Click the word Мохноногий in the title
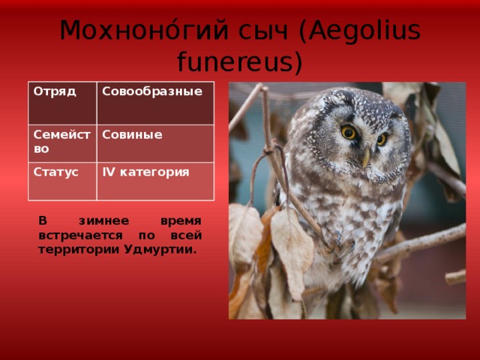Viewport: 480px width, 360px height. coord(144,30)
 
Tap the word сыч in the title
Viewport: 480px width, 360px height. coord(263,31)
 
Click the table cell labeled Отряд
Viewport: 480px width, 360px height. coord(62,103)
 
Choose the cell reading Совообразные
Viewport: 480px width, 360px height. coord(155,103)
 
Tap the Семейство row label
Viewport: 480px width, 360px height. coord(62,143)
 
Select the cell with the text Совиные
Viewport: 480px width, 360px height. coord(155,143)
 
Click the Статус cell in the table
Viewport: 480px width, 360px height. coord(62,181)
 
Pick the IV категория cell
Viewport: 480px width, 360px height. coord(155,181)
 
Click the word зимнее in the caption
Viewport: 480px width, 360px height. coord(103,220)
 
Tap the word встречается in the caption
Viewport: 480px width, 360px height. coord(80,235)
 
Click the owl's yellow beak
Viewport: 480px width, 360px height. coord(366,158)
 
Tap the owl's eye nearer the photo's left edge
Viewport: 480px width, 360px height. coord(349,133)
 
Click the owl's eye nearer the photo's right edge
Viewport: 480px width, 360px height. coord(382,139)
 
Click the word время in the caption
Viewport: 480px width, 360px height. coord(181,220)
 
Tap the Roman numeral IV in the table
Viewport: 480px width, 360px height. coord(108,172)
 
